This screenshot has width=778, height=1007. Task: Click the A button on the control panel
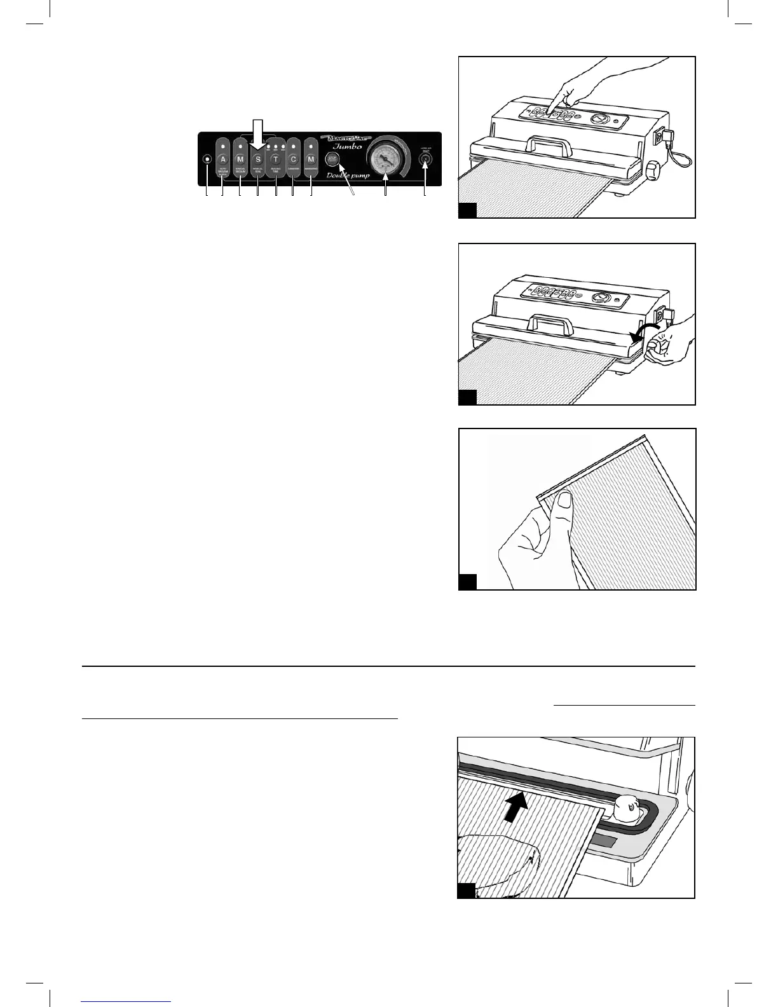point(222,159)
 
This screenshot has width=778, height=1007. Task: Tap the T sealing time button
point(276,159)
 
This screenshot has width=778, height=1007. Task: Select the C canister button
point(293,159)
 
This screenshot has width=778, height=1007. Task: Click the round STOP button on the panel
point(332,159)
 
